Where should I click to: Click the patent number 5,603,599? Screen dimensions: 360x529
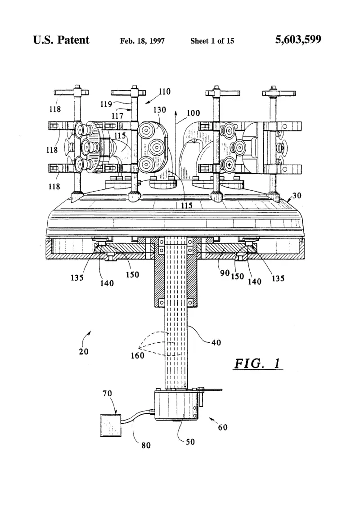click(298, 40)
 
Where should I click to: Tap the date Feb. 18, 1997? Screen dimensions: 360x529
click(142, 41)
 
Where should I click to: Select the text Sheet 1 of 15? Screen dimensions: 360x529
click(212, 41)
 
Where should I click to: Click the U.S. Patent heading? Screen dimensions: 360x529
click(61, 40)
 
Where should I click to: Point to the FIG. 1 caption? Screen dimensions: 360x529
click(258, 363)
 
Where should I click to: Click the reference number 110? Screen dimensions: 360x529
click(164, 91)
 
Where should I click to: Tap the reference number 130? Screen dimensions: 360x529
click(159, 110)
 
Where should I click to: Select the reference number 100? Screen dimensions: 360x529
click(193, 113)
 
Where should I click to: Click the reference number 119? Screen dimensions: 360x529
click(106, 104)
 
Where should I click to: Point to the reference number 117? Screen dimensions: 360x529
click(117, 116)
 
